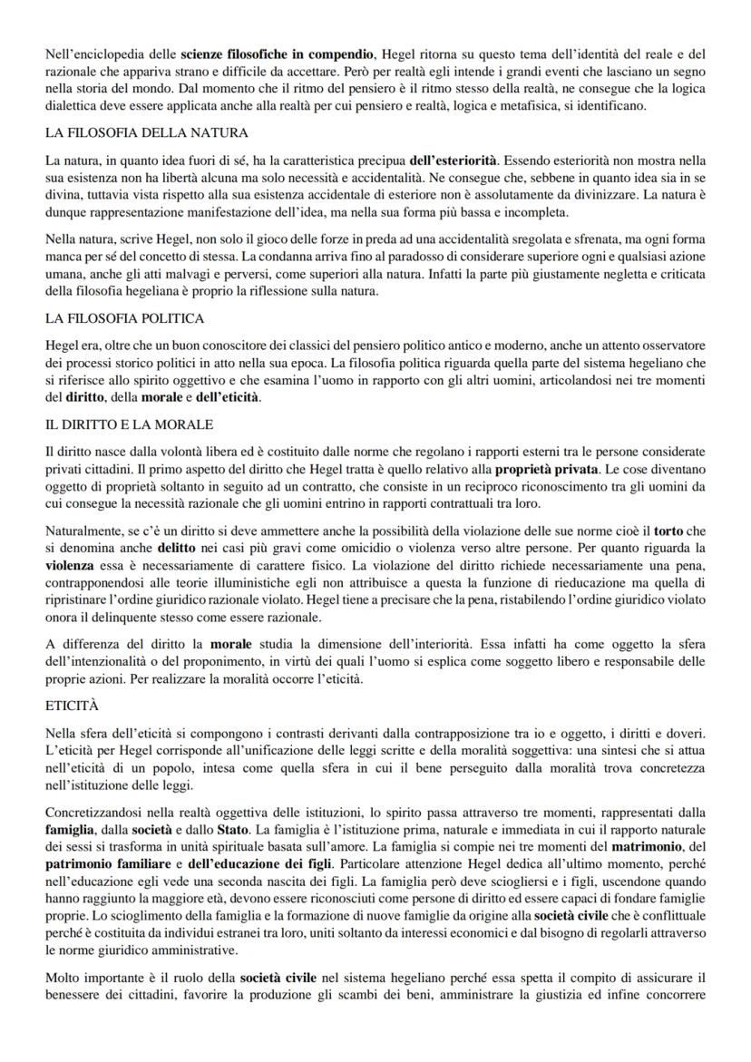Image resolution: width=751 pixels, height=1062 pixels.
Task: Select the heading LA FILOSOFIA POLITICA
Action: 124,318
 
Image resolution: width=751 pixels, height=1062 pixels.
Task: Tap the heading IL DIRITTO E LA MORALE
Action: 127,424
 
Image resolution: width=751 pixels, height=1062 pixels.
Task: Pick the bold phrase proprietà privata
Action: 546,469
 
